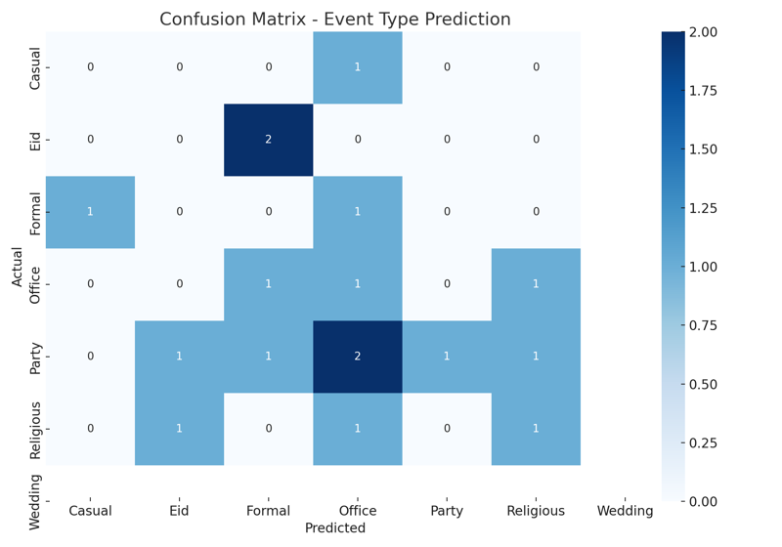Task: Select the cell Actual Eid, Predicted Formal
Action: click(x=269, y=140)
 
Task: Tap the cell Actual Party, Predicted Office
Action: click(x=358, y=357)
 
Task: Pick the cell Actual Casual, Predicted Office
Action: click(x=358, y=67)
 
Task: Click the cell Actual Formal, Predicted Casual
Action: click(x=90, y=212)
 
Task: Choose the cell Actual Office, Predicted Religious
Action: click(x=536, y=284)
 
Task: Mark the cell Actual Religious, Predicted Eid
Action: click(x=180, y=429)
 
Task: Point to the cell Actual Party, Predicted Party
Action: click(x=447, y=357)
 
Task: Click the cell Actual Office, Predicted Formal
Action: click(x=269, y=284)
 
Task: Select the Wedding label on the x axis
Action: click(x=625, y=511)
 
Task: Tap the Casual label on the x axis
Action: click(x=90, y=511)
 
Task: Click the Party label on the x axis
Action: click(x=447, y=511)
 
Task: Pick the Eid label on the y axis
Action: click(x=36, y=140)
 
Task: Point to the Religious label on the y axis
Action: click(x=36, y=429)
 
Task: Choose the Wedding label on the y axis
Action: click(x=36, y=501)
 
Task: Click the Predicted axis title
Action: click(x=334, y=528)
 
